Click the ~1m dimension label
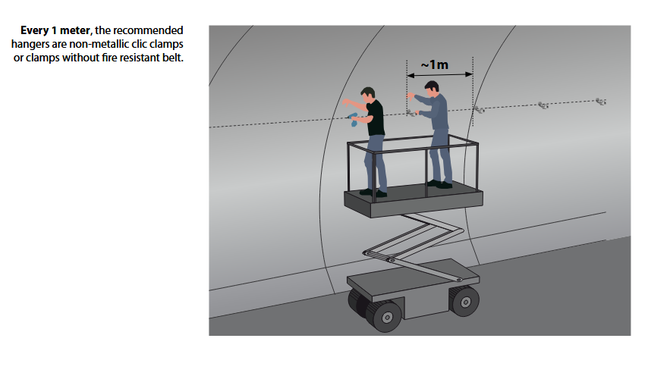pyautogui.click(x=434, y=64)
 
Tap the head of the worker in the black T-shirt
pyautogui.click(x=367, y=96)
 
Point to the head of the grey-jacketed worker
pyautogui.click(x=432, y=89)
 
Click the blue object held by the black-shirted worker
pyautogui.click(x=353, y=119)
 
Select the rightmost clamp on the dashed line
pyautogui.click(x=601, y=101)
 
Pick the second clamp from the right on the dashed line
pyautogui.click(x=543, y=105)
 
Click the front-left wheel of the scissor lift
pyautogui.click(x=385, y=317)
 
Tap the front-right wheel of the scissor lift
pyautogui.click(x=464, y=301)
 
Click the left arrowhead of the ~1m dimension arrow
pyautogui.click(x=411, y=75)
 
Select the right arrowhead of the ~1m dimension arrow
pyautogui.click(x=469, y=74)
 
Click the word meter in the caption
pyautogui.click(x=75, y=30)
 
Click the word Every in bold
pyautogui.click(x=34, y=31)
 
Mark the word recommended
pyautogui.click(x=148, y=30)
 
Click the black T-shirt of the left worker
pyautogui.click(x=376, y=118)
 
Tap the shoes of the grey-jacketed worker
pyautogui.click(x=440, y=184)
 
